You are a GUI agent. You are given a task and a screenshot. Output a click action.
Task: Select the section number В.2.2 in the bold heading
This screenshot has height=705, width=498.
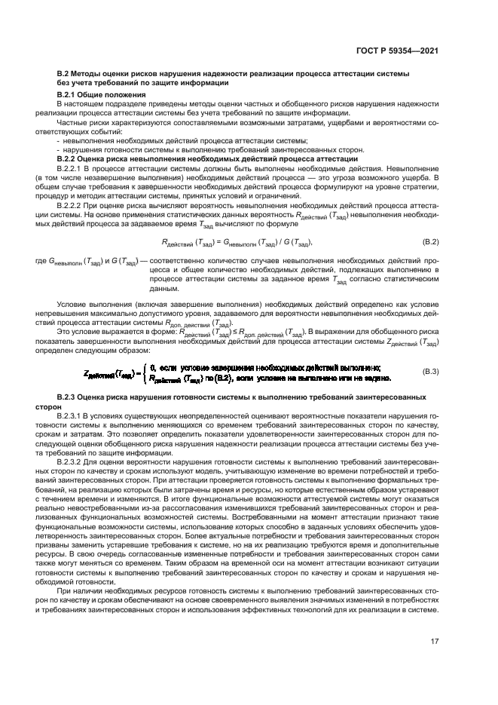(70, 159)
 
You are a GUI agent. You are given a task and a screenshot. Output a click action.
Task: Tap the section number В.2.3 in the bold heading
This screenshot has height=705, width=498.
(70, 396)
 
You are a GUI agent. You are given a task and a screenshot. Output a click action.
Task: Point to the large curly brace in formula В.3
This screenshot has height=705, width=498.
(143, 372)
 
